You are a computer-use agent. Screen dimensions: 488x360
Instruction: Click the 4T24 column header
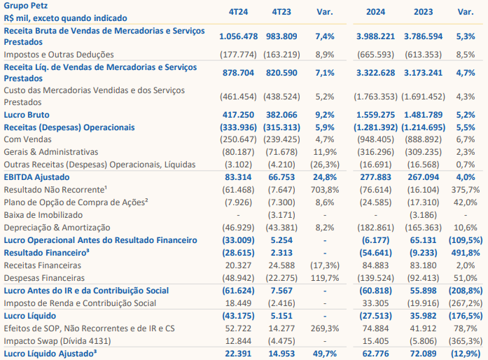[238, 12]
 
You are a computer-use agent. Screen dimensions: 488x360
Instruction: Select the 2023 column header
[424, 12]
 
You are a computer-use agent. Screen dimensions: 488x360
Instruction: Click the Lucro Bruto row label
[27, 115]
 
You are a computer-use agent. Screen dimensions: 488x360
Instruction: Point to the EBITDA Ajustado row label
[36, 177]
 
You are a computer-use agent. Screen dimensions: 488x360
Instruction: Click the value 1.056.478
[238, 36]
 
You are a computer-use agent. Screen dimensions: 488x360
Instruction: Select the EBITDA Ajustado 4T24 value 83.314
[238, 177]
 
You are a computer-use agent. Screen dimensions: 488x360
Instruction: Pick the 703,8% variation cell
[325, 190]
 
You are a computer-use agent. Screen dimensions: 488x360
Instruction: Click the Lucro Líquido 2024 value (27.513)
[376, 316]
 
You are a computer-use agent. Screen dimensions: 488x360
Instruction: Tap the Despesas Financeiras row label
[44, 278]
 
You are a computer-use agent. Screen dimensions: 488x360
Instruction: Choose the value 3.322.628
[376, 73]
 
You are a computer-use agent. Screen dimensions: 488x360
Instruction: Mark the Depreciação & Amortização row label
[57, 228]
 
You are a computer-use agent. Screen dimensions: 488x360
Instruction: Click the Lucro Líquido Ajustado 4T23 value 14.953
[281, 354]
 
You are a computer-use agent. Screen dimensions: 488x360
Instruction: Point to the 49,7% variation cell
[325, 354]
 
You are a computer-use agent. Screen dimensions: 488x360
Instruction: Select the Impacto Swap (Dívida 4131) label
[57, 341]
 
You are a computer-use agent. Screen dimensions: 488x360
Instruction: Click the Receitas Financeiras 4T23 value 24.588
[281, 265]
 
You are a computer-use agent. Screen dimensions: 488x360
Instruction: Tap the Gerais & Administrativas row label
[51, 152]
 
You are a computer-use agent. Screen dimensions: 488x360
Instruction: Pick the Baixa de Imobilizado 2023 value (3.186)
[424, 215]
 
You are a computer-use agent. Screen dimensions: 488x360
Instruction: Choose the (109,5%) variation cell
[466, 240]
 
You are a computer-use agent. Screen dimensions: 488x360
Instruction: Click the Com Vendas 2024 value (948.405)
[376, 139]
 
